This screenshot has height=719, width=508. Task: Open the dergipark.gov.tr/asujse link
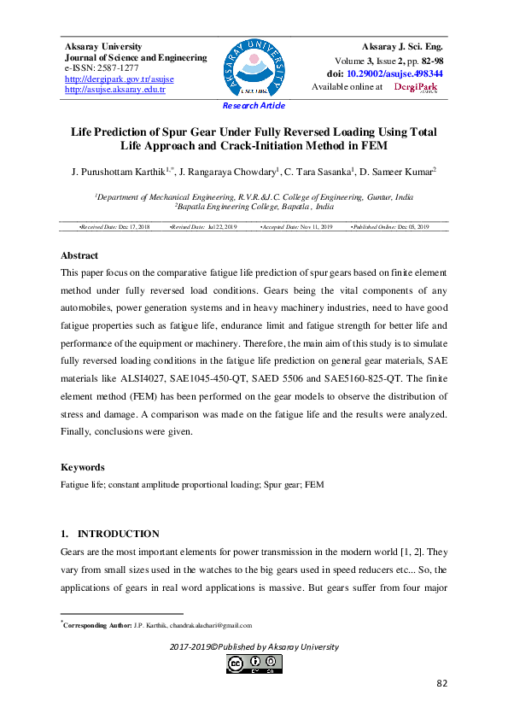(119, 79)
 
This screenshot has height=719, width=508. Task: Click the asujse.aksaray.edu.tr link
(115, 90)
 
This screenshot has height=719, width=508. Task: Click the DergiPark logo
(415, 87)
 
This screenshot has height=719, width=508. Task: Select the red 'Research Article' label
(254, 106)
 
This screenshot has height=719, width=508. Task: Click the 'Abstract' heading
(79, 255)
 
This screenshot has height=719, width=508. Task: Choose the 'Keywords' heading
(83, 467)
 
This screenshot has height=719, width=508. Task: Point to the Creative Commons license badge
(254, 663)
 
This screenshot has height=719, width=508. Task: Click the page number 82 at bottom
(441, 683)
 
